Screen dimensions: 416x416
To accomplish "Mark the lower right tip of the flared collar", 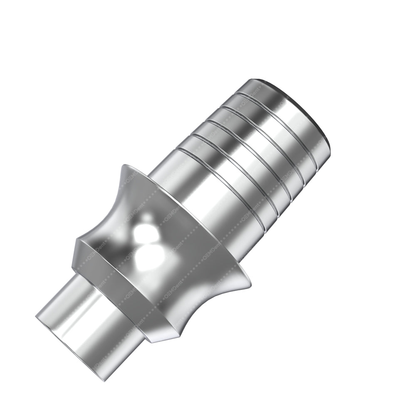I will (250, 284).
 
